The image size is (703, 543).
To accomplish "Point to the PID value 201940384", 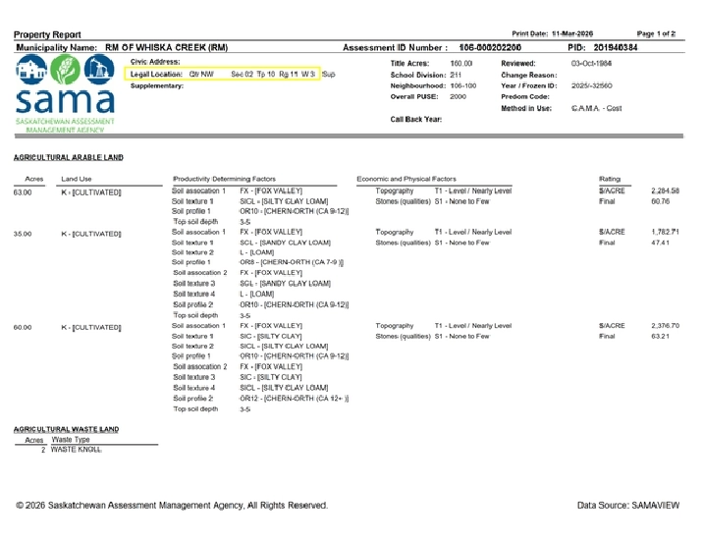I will pos(616,47).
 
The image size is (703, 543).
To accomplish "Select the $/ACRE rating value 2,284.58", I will pos(665,190).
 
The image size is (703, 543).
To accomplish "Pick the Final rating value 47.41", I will pos(660,242).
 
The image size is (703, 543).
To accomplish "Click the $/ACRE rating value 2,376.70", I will pos(665,325).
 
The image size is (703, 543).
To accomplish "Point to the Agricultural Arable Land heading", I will pos(69,157).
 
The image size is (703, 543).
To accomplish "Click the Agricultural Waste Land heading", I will pos(66,429).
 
